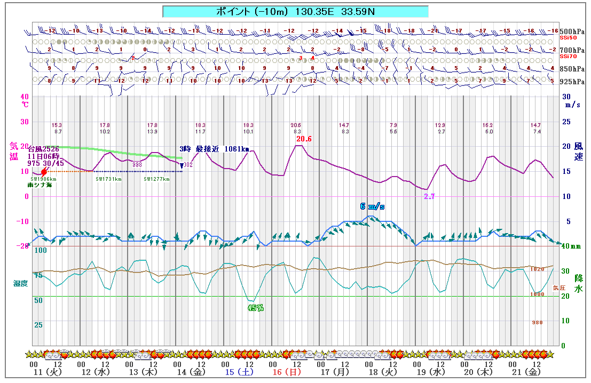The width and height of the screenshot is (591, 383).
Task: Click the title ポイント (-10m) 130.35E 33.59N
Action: point(295,11)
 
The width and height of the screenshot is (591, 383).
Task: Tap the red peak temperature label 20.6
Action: point(304,139)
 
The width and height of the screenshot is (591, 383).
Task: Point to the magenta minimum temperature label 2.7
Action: point(429,197)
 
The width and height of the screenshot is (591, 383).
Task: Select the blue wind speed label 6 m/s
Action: point(372,206)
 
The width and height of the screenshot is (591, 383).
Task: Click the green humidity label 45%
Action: point(255,308)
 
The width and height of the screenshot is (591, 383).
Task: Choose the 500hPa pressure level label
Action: point(572,31)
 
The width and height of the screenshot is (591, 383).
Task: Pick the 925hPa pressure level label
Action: point(572,82)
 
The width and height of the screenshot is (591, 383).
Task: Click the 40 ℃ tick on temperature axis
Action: point(25,97)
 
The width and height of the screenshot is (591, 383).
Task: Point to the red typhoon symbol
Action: point(44,172)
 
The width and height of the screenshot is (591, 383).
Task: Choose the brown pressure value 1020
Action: point(537,269)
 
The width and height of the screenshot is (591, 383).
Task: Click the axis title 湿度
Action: point(21,282)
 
